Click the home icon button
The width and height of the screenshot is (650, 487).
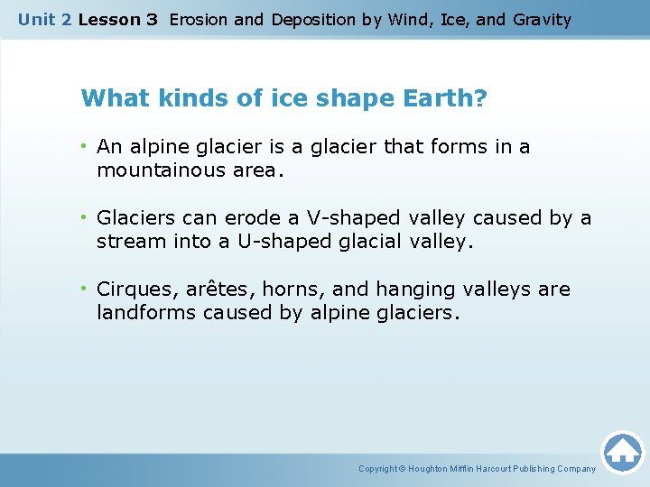(x=622, y=452)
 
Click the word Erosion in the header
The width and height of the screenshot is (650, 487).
(x=199, y=19)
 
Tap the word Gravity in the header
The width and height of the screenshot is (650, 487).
(x=542, y=19)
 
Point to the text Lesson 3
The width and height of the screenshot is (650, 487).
(x=118, y=19)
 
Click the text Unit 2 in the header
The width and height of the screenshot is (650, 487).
(x=45, y=19)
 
